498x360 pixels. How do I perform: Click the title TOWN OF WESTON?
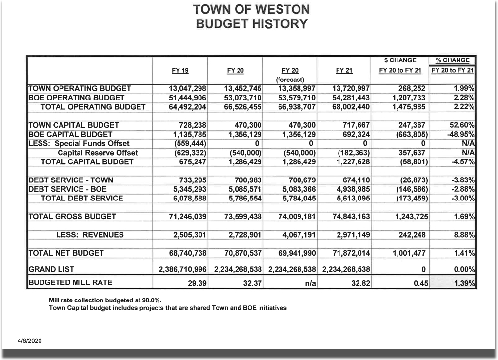251,9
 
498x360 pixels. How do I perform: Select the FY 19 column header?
180,71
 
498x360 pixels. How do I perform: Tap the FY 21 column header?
344,71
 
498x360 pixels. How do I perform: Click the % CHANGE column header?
452,60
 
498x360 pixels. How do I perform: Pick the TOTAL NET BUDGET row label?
66,253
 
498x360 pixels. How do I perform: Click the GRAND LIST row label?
52,269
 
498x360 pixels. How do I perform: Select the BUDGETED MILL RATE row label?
70,283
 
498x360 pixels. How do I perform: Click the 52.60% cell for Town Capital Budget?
462,125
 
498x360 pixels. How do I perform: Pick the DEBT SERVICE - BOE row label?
68,189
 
